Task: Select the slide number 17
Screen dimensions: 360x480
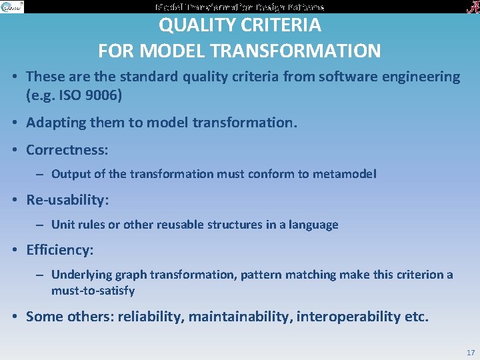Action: pos(471,353)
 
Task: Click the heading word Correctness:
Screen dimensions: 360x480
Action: pos(67,150)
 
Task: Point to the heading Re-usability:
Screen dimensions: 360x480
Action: pos(67,200)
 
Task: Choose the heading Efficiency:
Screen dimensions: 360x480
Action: pos(60,250)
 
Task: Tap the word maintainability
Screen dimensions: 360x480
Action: pos(242,317)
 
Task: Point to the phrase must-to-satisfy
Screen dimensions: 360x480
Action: pos(93,291)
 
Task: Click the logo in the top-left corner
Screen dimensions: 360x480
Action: pos(12,7)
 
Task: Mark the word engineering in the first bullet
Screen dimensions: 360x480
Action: pos(421,77)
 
